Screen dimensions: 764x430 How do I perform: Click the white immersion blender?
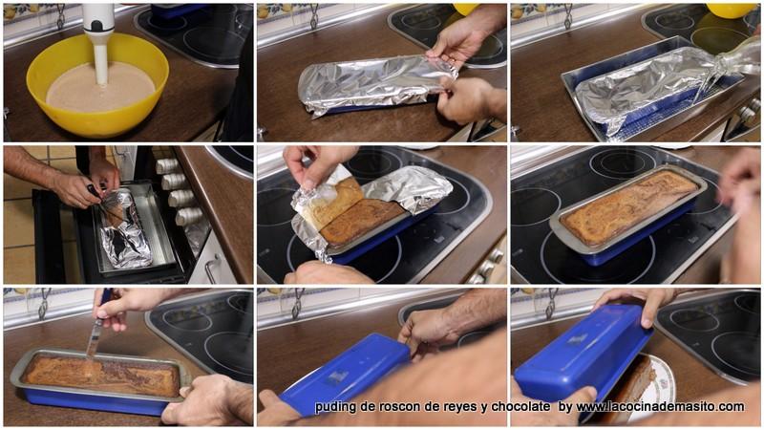tap(99, 41)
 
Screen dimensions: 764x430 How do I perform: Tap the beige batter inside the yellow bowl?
tap(100, 88)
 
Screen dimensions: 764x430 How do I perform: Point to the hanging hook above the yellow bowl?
tap(60, 16)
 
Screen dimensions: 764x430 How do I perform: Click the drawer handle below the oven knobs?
tap(211, 269)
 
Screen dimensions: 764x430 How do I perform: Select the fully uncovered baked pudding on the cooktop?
tap(629, 206)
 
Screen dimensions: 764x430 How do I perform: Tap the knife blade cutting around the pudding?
tap(94, 341)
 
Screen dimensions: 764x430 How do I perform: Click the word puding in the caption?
tap(332, 407)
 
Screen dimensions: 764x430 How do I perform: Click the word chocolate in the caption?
tap(520, 407)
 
